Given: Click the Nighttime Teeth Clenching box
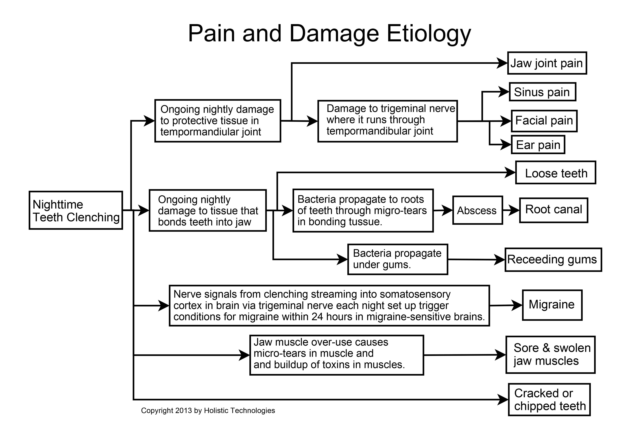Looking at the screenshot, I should pyautogui.click(x=76, y=210).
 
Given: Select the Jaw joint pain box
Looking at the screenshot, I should pyautogui.click(x=547, y=63).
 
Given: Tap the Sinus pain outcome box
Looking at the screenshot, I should pyautogui.click(x=542, y=92).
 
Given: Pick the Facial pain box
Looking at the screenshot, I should pyautogui.click(x=544, y=121).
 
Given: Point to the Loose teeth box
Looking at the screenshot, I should pyautogui.click(x=556, y=173).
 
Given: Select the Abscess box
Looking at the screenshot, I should pyautogui.click(x=477, y=210).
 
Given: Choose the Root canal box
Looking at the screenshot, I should pyautogui.click(x=554, y=210).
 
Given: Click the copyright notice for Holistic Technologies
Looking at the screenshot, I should pyautogui.click(x=208, y=411).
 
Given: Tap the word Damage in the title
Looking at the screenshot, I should pyautogui.click(x=334, y=34).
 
